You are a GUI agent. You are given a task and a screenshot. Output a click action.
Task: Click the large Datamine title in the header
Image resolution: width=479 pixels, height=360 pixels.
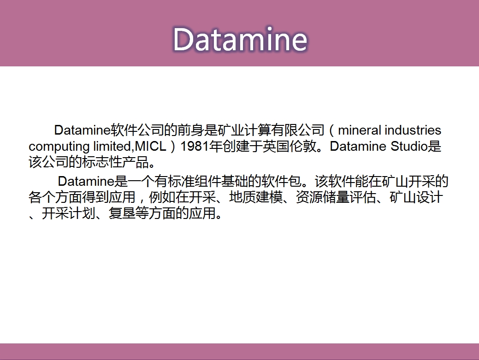240,39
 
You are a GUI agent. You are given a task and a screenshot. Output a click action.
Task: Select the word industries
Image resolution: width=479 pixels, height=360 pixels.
413,130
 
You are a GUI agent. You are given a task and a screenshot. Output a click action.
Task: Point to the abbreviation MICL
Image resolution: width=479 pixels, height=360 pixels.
150,146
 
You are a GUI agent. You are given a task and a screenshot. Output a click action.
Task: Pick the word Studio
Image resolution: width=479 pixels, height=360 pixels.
409,146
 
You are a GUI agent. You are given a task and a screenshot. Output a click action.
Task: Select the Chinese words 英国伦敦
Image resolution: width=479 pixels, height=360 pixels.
289,146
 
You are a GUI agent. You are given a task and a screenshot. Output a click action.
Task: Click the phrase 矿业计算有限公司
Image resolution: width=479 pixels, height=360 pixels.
271,130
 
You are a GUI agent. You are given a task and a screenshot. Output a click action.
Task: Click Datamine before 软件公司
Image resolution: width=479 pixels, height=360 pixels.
82,130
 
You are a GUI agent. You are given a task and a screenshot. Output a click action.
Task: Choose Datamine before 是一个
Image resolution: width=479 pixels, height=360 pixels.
86,181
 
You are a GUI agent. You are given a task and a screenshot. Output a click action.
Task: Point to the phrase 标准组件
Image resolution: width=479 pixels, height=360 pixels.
194,181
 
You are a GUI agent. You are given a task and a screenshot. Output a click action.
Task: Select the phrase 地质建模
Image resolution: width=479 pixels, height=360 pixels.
256,197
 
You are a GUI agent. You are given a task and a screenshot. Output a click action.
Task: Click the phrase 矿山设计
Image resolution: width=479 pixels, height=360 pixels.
416,197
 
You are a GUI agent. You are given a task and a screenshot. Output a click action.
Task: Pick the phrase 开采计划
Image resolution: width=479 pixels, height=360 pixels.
68,213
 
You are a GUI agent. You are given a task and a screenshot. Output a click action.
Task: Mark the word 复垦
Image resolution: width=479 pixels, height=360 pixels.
122,213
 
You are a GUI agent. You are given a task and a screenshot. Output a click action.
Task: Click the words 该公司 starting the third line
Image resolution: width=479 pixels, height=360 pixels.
48,162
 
